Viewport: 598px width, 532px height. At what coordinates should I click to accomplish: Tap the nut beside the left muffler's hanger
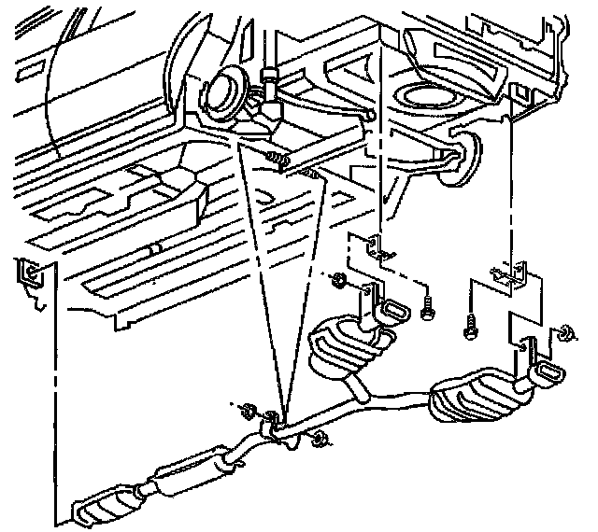click(x=340, y=279)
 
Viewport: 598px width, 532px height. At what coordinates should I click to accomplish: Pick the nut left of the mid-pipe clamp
click(x=248, y=409)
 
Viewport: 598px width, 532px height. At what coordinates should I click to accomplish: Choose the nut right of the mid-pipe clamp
click(x=320, y=440)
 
